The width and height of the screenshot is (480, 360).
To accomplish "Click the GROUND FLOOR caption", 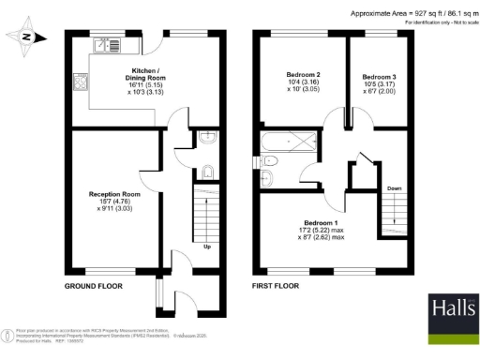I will point(96,285).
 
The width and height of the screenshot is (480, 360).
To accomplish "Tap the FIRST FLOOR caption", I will point(276,285).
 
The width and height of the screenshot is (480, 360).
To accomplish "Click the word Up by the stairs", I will point(206,247).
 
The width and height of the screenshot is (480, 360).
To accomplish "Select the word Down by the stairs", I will point(394,188).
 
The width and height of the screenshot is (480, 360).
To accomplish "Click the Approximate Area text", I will point(411,13).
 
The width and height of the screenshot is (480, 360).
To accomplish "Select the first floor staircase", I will point(395,217).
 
